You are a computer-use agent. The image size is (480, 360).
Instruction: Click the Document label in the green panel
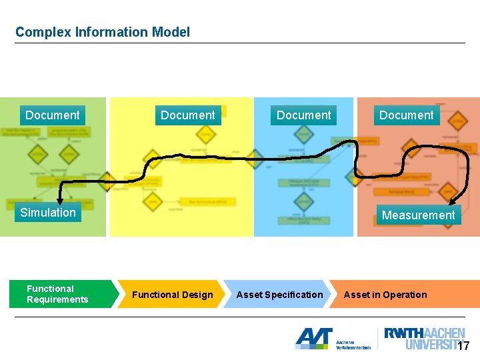pos(52,115)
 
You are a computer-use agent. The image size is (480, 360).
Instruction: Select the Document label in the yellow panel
pos(187,115)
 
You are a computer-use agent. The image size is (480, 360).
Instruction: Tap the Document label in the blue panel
pos(303,115)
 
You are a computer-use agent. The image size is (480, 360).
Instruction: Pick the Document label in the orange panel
pos(406,115)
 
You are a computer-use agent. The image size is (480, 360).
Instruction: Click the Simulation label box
pos(48,213)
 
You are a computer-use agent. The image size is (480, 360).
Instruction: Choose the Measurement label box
pos(418,215)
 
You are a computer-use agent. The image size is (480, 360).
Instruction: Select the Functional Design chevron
pos(172,295)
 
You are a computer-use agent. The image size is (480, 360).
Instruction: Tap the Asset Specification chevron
pos(279,295)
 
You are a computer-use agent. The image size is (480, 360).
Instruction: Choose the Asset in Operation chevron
pos(385,295)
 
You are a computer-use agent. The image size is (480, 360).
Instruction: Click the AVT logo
pos(314,338)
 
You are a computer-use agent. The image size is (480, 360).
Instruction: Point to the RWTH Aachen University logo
pos(425,339)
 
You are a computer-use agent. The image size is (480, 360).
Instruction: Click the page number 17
pos(463,346)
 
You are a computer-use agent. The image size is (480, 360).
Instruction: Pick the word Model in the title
pos(171,32)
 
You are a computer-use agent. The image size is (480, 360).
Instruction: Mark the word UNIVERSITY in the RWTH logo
pos(432,345)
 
